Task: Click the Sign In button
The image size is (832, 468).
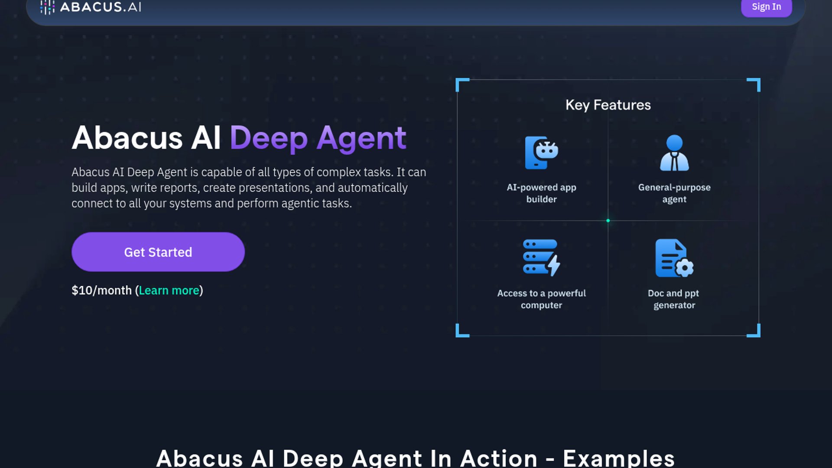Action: (x=766, y=7)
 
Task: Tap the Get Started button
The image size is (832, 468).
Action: (x=158, y=252)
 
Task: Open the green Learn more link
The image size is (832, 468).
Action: (x=169, y=290)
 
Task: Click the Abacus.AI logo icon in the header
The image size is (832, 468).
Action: (x=47, y=7)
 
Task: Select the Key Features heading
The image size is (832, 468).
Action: (x=608, y=105)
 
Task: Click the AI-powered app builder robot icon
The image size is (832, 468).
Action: (x=541, y=153)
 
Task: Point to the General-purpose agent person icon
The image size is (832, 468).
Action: (x=674, y=153)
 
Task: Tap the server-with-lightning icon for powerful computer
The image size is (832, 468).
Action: (x=541, y=258)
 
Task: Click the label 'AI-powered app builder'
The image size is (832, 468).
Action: (x=541, y=193)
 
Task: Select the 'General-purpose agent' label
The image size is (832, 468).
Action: (x=674, y=193)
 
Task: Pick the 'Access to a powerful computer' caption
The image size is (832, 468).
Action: (x=541, y=299)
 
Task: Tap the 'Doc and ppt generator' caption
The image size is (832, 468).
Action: (x=674, y=299)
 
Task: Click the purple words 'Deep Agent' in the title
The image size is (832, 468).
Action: (x=318, y=138)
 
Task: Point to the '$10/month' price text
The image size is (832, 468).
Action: (x=101, y=290)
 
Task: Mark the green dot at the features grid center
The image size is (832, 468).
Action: (x=608, y=221)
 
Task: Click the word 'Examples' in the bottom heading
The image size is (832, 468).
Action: (x=618, y=458)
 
